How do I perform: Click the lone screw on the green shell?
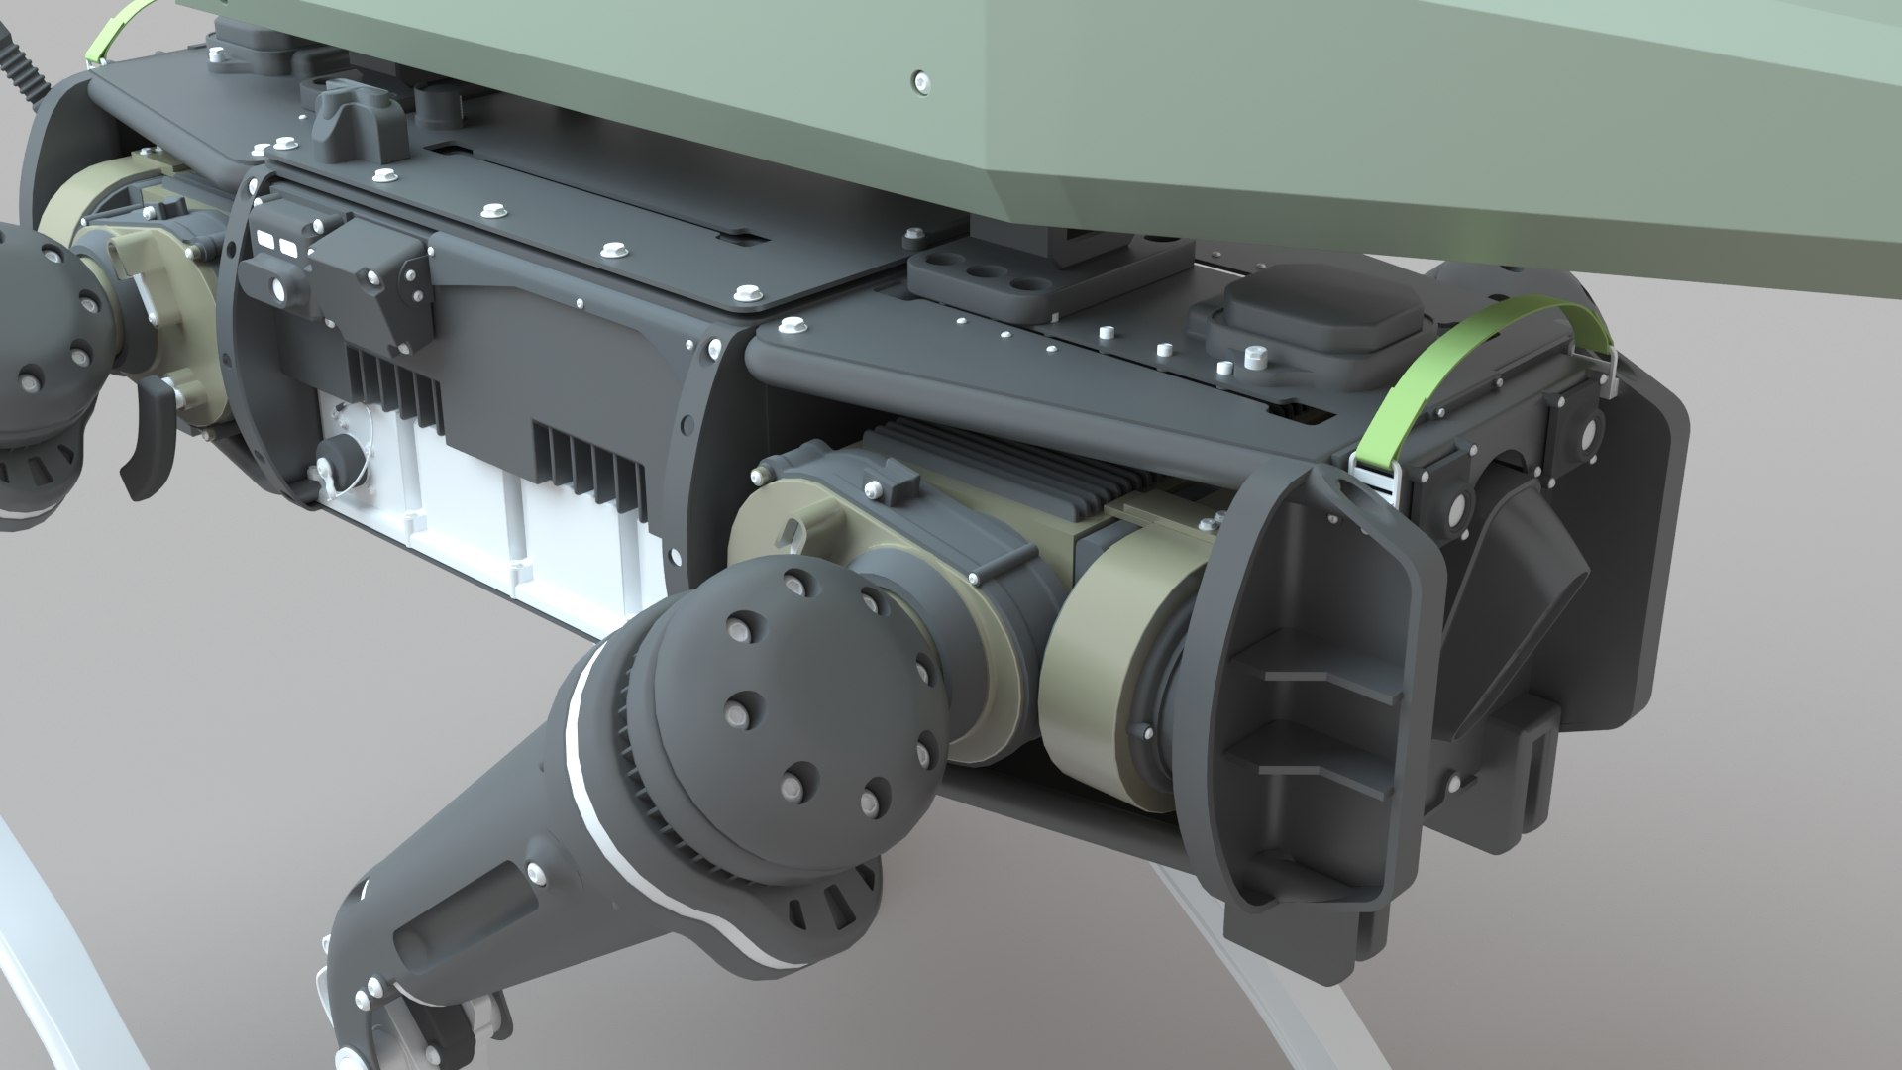click(x=923, y=80)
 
